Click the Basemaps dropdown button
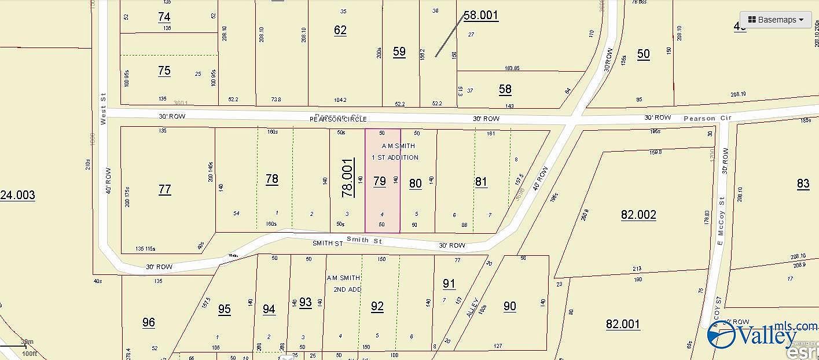click(x=776, y=20)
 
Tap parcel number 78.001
click(x=347, y=179)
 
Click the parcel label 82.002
click(x=638, y=215)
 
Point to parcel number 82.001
click(x=623, y=324)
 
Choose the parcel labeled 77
click(x=165, y=189)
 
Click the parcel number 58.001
click(x=481, y=16)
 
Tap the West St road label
click(x=103, y=109)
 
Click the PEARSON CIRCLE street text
click(x=338, y=119)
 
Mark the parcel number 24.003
click(x=17, y=196)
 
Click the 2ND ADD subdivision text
click(x=347, y=289)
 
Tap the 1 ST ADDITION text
click(x=395, y=157)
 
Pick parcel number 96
click(x=149, y=322)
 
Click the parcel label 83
click(x=803, y=184)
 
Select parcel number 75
click(x=164, y=71)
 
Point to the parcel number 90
click(x=510, y=306)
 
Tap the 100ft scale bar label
click(x=29, y=353)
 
